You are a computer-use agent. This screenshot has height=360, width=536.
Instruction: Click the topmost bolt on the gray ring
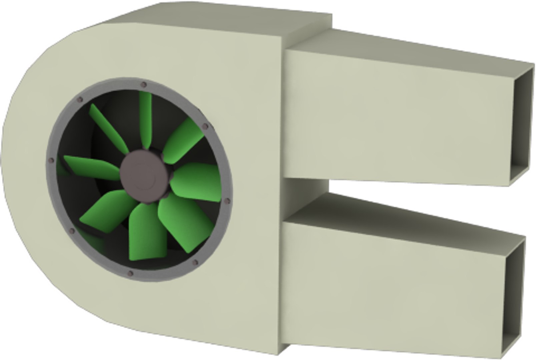[x=144, y=84]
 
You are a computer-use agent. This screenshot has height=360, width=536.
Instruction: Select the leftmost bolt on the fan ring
[x=51, y=161]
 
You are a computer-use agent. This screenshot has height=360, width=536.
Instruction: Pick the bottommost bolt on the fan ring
[x=130, y=274]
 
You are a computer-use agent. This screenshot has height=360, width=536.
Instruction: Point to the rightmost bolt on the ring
[x=228, y=201]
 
